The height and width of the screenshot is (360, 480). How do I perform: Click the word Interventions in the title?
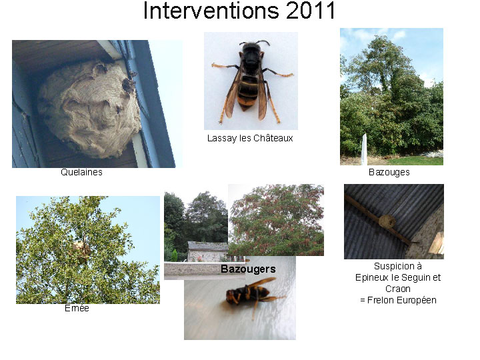pyautogui.click(x=211, y=11)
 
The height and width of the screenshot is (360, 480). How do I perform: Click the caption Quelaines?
pyautogui.click(x=81, y=172)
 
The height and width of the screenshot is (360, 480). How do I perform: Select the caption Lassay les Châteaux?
pyautogui.click(x=250, y=139)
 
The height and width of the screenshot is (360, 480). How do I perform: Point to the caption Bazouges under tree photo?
pyautogui.click(x=389, y=173)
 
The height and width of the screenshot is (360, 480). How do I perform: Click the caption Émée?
pyautogui.click(x=77, y=308)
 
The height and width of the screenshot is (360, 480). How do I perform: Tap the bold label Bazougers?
pyautogui.click(x=248, y=269)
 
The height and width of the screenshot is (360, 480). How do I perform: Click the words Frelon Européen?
pyautogui.click(x=401, y=300)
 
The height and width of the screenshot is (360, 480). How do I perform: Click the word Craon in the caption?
pyautogui.click(x=397, y=289)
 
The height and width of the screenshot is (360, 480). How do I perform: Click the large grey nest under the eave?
pyautogui.click(x=89, y=109)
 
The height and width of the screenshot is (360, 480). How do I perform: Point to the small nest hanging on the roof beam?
pyautogui.click(x=387, y=221)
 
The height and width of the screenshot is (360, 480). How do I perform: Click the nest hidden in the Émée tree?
pyautogui.click(x=82, y=249)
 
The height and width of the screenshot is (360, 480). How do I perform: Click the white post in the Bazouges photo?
pyautogui.click(x=364, y=149)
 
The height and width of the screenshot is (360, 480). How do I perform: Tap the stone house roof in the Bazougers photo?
pyautogui.click(x=207, y=245)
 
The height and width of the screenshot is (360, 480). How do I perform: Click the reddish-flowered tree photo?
pyautogui.click(x=276, y=220)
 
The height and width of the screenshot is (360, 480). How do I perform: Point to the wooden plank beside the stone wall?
pyautogui.click(x=437, y=243)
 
